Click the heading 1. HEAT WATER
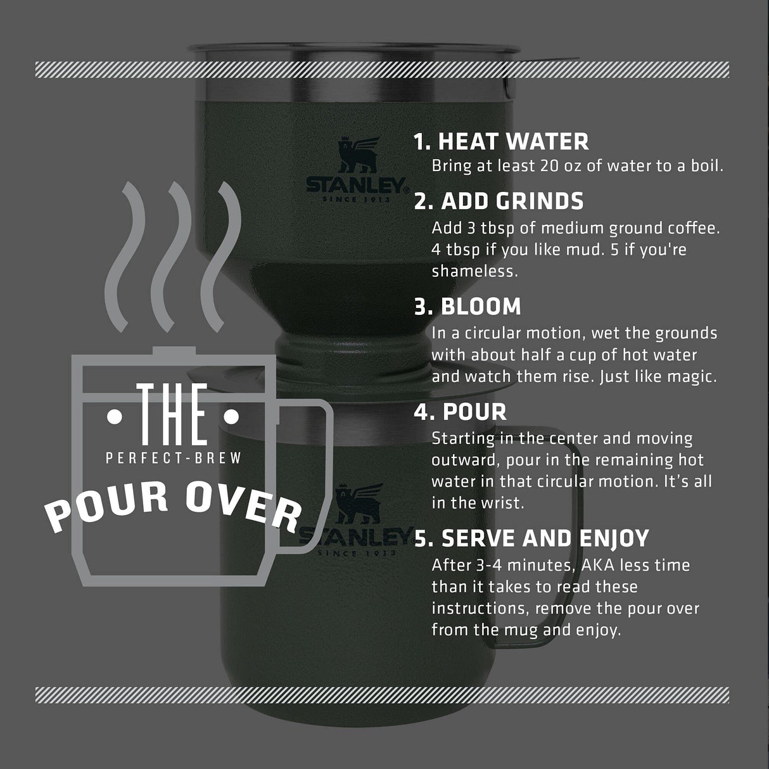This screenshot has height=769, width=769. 501,141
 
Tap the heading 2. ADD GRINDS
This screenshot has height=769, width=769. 499,201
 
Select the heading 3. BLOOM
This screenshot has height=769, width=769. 467,307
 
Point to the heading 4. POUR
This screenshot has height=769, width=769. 461,412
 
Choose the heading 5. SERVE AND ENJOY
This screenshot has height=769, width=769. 531,538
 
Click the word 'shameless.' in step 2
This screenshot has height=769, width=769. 474,271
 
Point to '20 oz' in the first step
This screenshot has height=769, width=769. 565,166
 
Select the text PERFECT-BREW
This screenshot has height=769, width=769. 174,458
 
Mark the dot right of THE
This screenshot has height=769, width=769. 232,417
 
